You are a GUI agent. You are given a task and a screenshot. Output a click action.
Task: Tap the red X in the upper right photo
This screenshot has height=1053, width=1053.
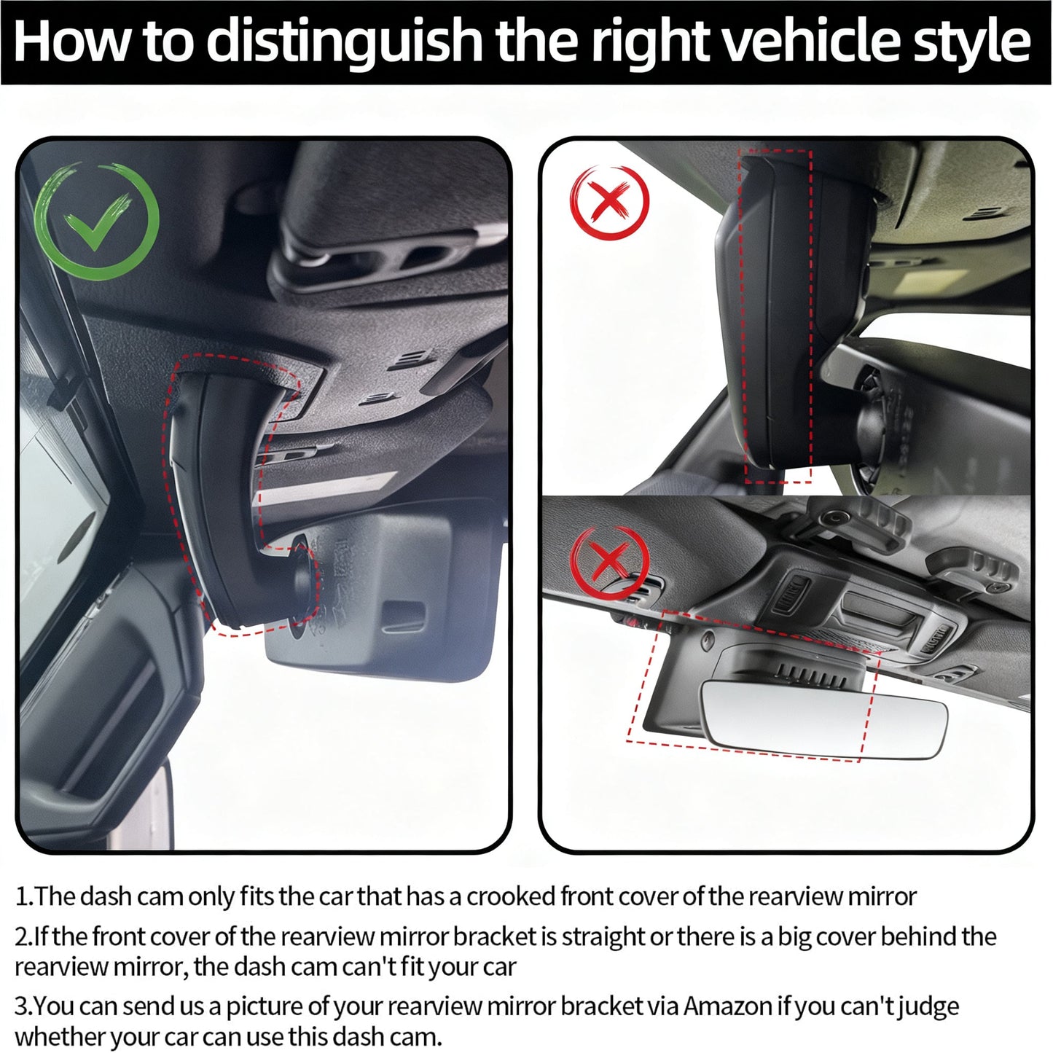point(609,202)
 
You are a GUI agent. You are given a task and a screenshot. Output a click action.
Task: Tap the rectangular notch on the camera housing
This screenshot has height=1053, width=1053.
point(405,617)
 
